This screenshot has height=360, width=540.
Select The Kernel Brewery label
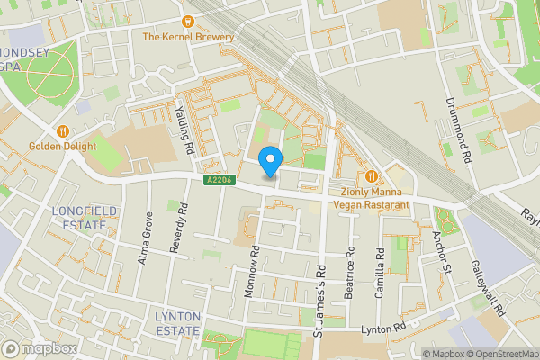tap(188, 37)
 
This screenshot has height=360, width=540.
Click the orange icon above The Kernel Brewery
tap(189, 21)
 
